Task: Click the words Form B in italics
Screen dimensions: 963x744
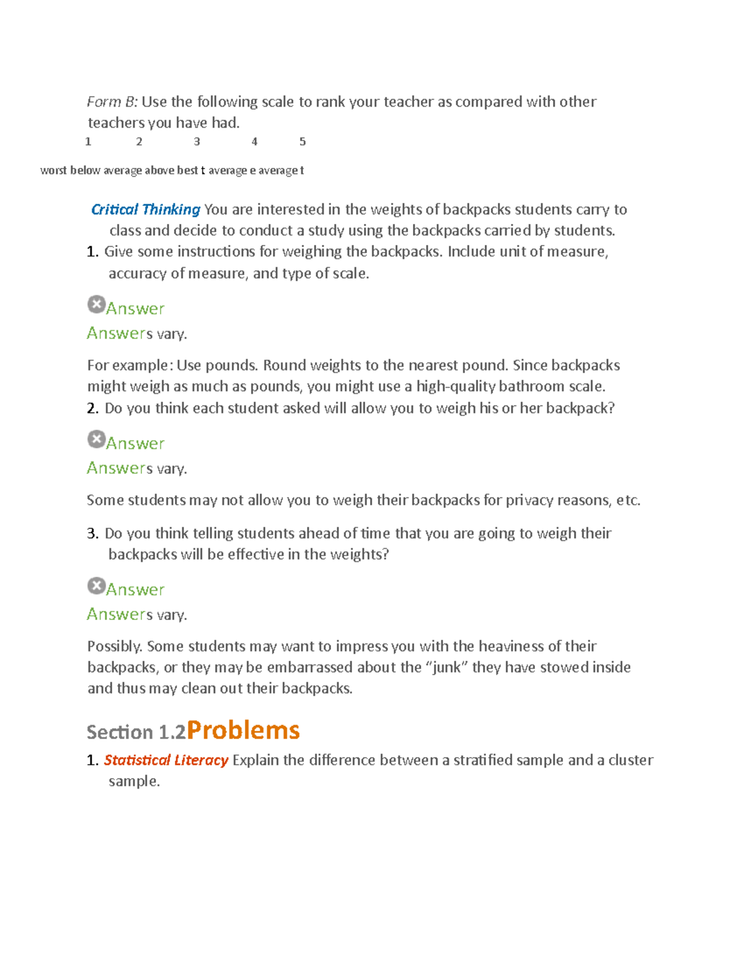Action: pos(112,102)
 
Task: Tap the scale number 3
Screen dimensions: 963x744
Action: pos(197,142)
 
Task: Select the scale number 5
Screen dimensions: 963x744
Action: pos(303,142)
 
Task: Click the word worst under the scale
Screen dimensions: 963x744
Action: pos(53,171)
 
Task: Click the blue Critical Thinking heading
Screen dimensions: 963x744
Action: pos(146,210)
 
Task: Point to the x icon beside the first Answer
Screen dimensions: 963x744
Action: pos(96,304)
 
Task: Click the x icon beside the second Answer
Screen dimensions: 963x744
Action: pos(96,439)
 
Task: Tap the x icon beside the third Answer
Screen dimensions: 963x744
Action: pos(96,585)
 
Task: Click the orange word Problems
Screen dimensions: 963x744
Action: pos(243,730)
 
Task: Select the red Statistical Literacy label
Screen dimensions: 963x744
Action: pos(166,760)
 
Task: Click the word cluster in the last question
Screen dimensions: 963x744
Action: pos(631,760)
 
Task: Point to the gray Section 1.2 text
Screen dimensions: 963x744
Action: pos(136,732)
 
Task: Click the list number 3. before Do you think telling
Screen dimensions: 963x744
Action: pos(92,533)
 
